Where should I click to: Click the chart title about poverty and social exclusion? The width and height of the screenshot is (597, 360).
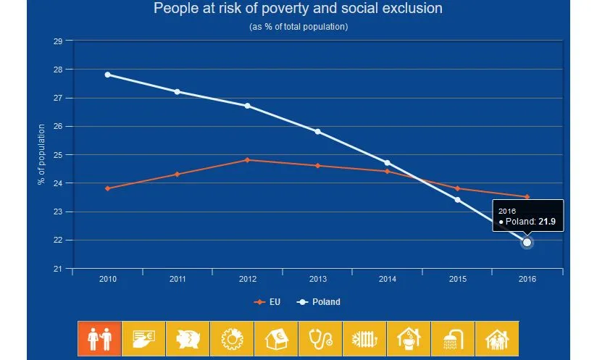click(x=298, y=9)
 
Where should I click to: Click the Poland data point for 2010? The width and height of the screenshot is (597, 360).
click(x=108, y=75)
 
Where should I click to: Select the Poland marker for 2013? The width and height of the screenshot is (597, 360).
click(x=317, y=132)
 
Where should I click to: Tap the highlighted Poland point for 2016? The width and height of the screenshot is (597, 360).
click(x=527, y=243)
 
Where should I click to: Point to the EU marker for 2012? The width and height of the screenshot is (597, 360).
click(x=248, y=160)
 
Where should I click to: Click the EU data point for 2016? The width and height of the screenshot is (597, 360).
click(x=527, y=197)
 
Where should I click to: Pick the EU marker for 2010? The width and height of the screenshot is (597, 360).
click(x=108, y=188)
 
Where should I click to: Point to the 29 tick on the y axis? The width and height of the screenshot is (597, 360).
click(x=58, y=41)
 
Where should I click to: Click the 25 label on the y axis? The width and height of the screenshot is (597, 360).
click(x=58, y=155)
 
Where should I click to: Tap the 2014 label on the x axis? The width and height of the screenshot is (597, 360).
click(x=387, y=279)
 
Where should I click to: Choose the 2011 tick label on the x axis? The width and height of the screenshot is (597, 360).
click(x=178, y=279)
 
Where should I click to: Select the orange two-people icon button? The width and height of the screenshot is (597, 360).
click(x=99, y=338)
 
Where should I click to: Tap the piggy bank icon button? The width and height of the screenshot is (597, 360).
click(x=188, y=338)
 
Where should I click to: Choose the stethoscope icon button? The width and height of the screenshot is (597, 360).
click(x=320, y=338)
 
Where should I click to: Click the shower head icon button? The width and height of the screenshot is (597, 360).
click(x=453, y=338)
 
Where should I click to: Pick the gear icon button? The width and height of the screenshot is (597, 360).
click(x=232, y=338)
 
